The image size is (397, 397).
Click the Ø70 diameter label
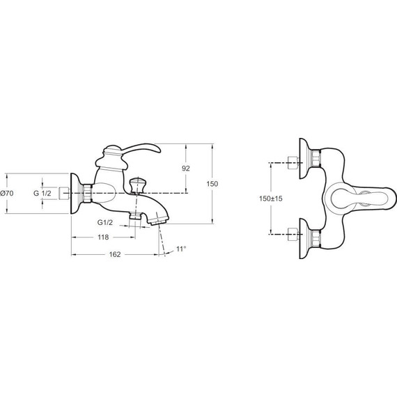[x=7, y=194]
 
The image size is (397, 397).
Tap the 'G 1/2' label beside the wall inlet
[x=42, y=193]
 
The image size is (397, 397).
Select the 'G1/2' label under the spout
[x=105, y=223]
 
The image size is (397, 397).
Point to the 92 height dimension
[x=185, y=169]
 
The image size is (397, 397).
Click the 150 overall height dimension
[x=212, y=184]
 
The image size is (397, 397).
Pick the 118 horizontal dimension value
[x=103, y=238]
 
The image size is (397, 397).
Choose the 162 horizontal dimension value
[x=115, y=254]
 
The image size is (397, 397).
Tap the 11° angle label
[x=181, y=249]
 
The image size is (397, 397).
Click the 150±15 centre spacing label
[x=270, y=198]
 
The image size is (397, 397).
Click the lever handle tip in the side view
[x=157, y=150]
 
